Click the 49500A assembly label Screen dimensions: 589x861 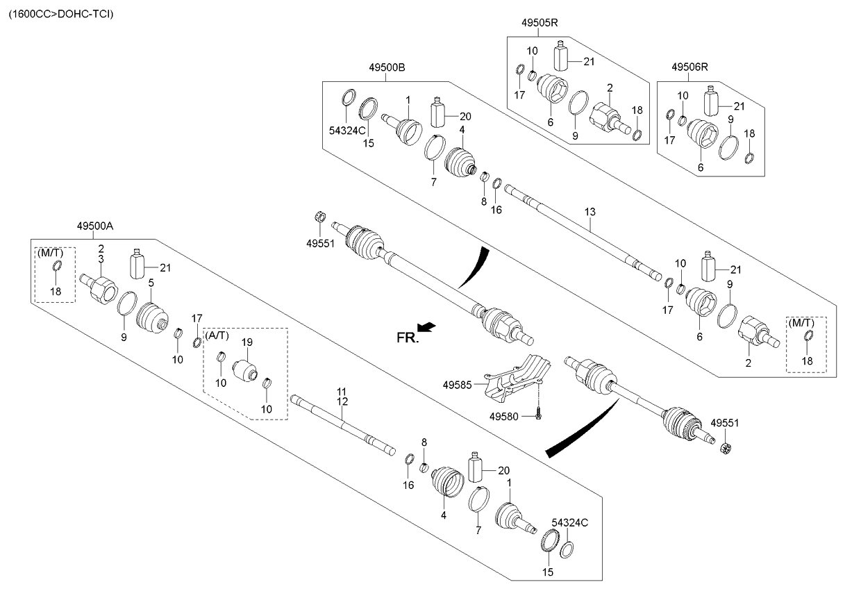point(94,226)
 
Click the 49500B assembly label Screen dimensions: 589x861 point(387,67)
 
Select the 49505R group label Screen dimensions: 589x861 point(540,23)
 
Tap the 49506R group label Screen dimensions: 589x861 point(689,67)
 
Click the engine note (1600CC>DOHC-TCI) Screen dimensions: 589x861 point(60,13)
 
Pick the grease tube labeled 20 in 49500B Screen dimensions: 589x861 point(438,111)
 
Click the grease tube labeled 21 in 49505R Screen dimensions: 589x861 point(562,55)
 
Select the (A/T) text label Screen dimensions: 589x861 point(217,335)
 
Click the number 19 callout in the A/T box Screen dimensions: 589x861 point(244,342)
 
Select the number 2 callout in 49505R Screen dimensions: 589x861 point(609,88)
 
